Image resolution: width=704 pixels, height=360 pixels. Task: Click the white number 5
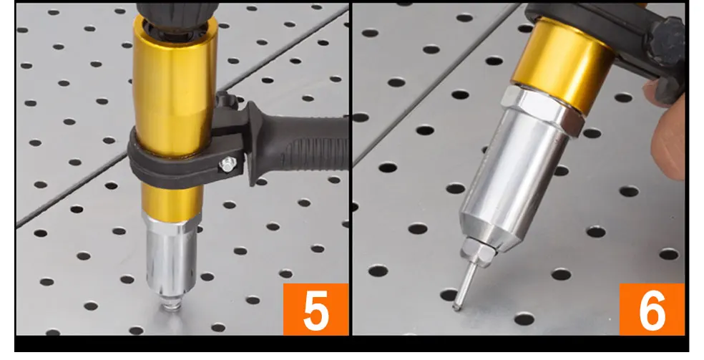pos(316,310)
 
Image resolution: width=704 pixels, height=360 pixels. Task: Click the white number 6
pos(652,310)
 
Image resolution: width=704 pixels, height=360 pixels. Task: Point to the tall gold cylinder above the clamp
pos(175,85)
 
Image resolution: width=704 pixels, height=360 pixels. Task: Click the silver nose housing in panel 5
pos(171,256)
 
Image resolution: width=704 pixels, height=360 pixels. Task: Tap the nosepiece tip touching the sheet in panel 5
pos(171,304)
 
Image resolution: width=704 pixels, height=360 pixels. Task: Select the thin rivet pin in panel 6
pos(465,286)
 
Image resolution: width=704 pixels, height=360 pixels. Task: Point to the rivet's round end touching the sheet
pos(456,306)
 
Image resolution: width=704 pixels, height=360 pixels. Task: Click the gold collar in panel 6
pos(564,65)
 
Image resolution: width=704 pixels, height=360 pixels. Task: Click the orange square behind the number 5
pos(316,309)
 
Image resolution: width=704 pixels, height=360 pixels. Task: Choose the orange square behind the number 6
pos(652,309)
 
